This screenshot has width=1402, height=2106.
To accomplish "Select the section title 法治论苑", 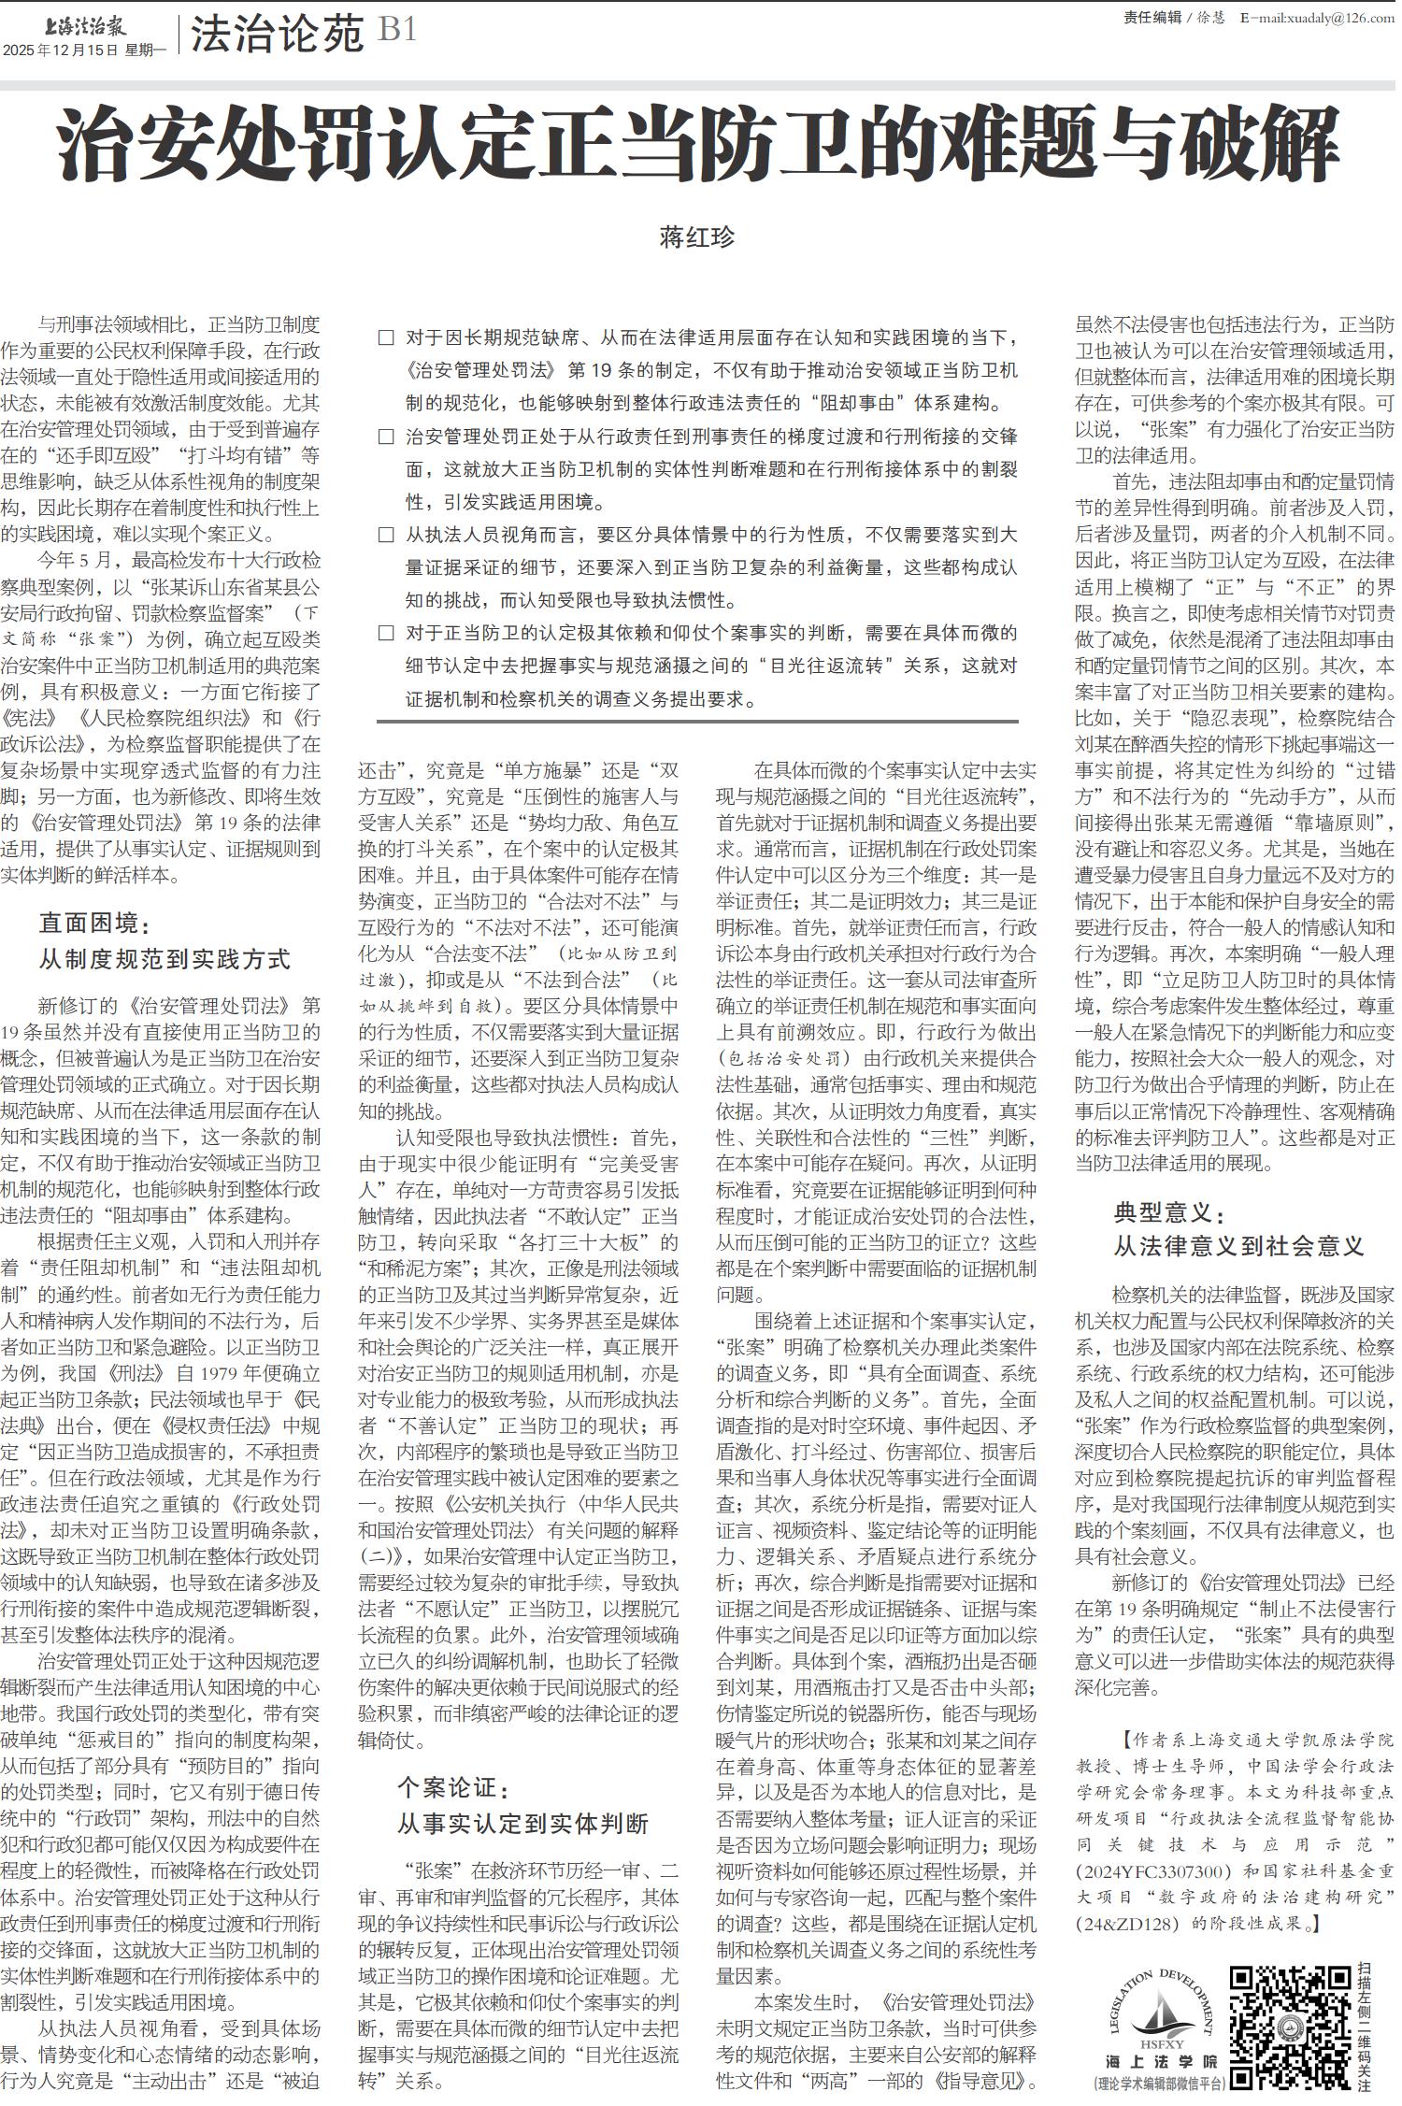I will click(277, 35).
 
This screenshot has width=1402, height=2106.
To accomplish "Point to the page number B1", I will click(396, 32).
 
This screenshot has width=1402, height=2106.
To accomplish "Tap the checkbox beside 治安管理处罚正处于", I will click(386, 437).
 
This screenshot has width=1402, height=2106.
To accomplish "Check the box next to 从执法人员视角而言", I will click(386, 536).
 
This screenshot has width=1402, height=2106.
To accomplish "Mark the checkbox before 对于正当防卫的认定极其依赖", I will click(386, 634).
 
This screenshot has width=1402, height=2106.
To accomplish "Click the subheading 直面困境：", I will click(94, 924).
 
